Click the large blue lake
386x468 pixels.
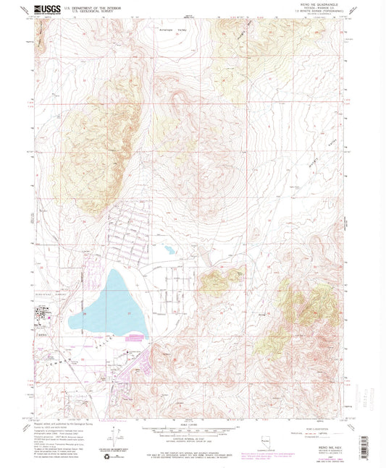[109, 306]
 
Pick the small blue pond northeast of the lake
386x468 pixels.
[169, 250]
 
